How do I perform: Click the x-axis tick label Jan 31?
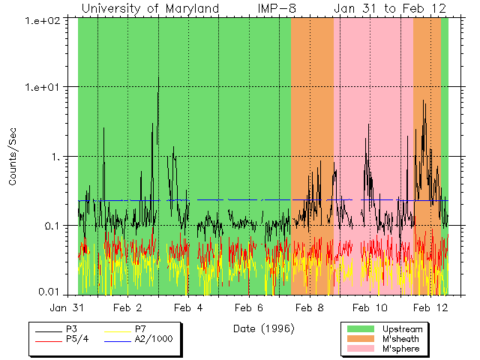tap(67, 307)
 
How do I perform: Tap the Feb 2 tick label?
tap(127, 307)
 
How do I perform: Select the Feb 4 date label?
tap(188, 307)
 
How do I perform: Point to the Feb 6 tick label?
tap(249, 307)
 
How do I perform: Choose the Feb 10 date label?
tap(370, 307)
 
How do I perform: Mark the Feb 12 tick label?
tap(431, 307)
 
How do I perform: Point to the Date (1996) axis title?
tap(263, 328)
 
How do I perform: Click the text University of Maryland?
tap(150, 8)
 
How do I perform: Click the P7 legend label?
tap(140, 329)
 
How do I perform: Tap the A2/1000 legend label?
tap(153, 339)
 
